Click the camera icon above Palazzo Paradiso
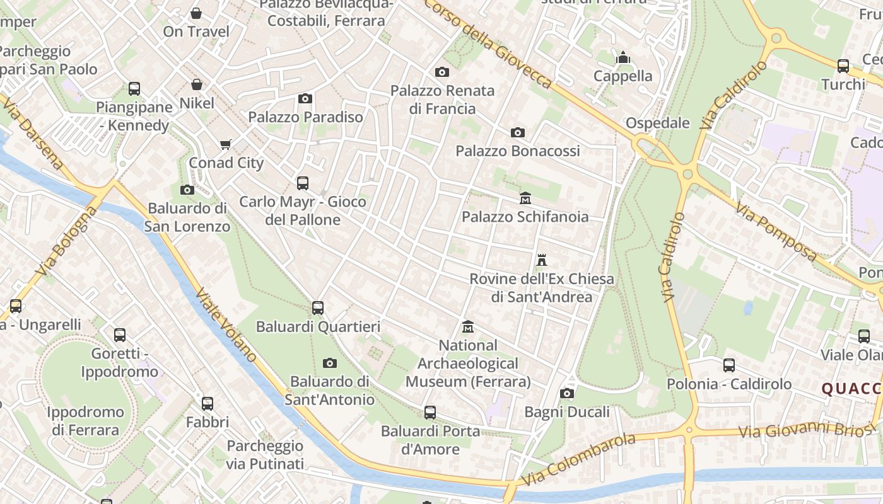click(305, 98)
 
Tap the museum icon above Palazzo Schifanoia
click(525, 198)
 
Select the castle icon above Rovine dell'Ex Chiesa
click(541, 260)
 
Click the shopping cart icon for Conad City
click(226, 144)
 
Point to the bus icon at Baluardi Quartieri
click(318, 308)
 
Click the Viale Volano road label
click(226, 326)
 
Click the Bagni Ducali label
click(567, 412)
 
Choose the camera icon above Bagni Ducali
click(567, 394)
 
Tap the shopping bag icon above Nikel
click(197, 84)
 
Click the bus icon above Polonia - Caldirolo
click(729, 365)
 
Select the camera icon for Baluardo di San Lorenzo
click(187, 190)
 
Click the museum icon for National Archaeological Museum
click(468, 327)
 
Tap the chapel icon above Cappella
click(623, 58)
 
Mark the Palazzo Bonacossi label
click(518, 151)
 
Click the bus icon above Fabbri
click(208, 404)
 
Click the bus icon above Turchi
click(843, 66)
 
